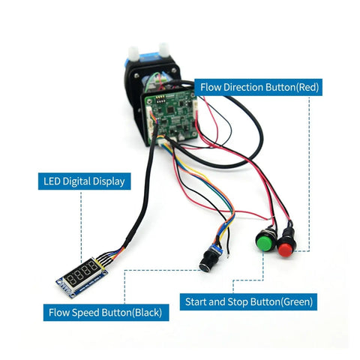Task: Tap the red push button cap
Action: pyautogui.click(x=286, y=250)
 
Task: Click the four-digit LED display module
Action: pyautogui.click(x=82, y=277)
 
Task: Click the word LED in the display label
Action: pyautogui.click(x=52, y=181)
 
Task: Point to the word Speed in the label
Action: pyautogui.click(x=85, y=313)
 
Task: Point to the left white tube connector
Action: pyautogui.click(x=133, y=53)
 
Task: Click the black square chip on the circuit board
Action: pyautogui.click(x=171, y=109)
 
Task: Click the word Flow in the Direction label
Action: pyautogui.click(x=211, y=87)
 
